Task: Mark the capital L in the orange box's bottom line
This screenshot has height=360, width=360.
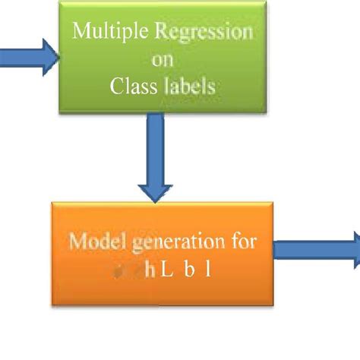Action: [157, 270]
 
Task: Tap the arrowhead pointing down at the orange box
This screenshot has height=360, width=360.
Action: [155, 190]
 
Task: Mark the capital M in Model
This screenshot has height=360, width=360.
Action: [76, 243]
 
